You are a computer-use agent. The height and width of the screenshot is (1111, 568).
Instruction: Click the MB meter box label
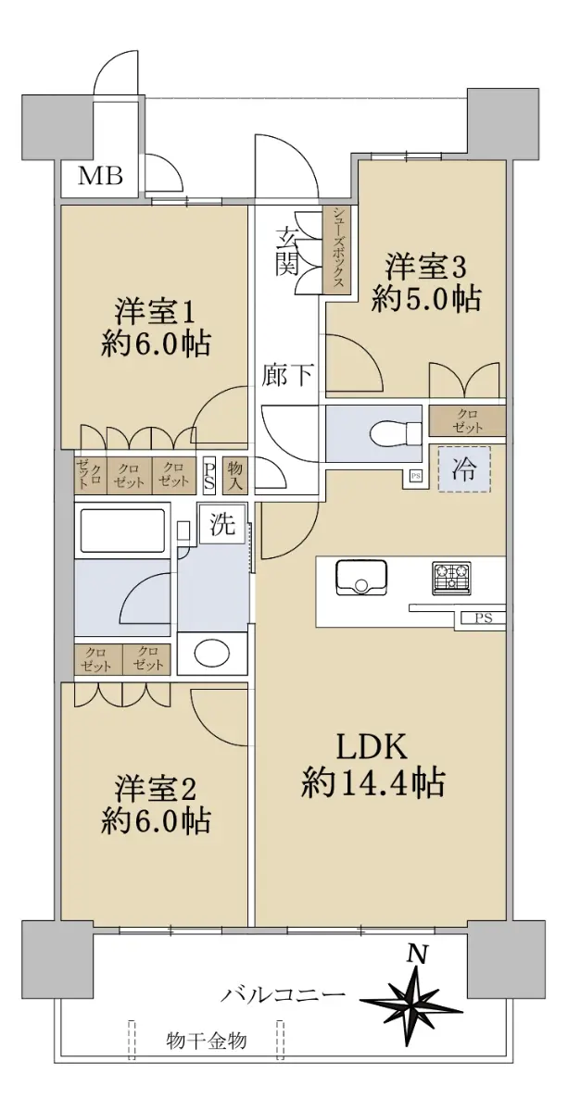tap(100, 176)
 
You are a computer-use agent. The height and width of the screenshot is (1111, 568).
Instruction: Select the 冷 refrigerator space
tap(464, 469)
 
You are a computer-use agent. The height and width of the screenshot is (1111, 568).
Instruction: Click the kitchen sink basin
tap(361, 577)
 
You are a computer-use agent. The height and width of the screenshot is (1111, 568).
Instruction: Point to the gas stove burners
tap(452, 578)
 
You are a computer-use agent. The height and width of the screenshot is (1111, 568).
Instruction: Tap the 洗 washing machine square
tap(222, 524)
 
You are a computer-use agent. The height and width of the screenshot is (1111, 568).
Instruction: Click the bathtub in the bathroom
tap(122, 531)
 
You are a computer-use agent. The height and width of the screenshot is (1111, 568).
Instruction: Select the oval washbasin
tap(211, 654)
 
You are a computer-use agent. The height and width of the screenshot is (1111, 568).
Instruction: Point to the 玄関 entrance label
tap(287, 251)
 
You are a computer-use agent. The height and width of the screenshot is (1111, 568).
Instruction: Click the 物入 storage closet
tap(234, 476)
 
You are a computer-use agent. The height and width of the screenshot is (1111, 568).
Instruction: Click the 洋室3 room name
tap(425, 268)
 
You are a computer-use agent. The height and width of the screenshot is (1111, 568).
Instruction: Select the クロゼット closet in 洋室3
tap(467, 421)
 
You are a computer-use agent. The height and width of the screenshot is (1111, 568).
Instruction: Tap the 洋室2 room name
tap(156, 790)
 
